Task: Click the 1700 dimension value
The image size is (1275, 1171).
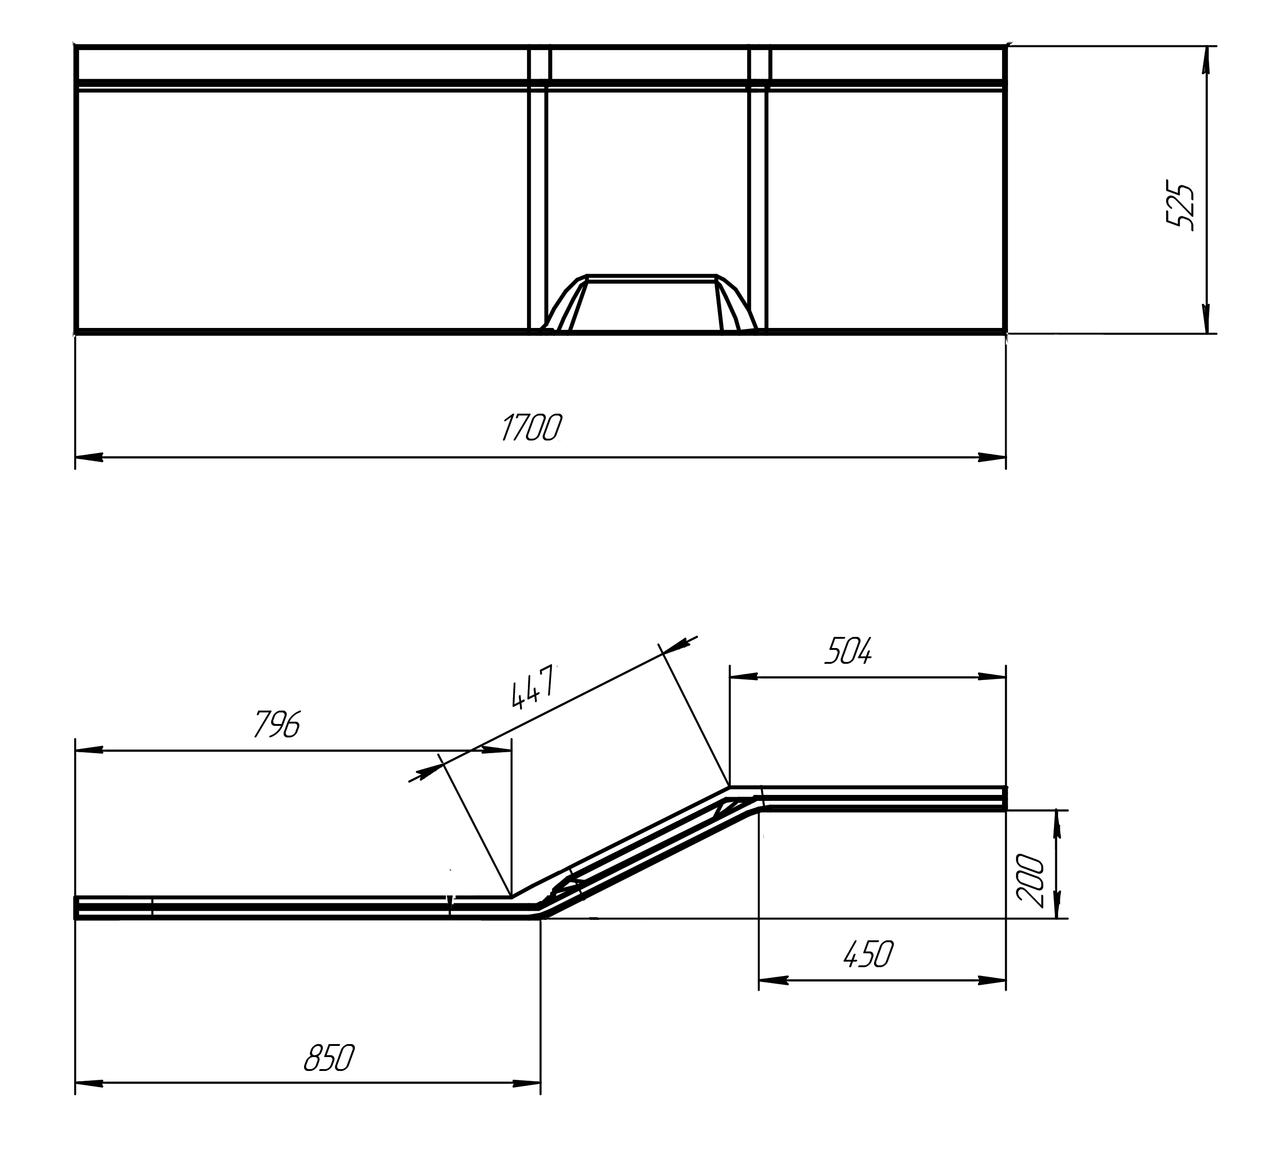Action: click(531, 427)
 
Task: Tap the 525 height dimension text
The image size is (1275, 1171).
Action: click(1180, 207)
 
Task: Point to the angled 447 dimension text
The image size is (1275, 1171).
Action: click(534, 687)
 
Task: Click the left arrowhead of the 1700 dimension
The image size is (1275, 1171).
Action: click(89, 457)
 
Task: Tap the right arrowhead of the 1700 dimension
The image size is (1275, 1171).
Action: click(992, 457)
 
